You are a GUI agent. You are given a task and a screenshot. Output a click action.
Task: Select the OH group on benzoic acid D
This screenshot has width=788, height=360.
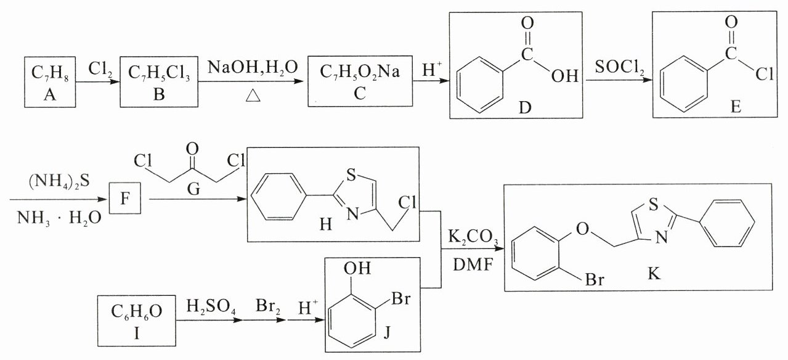point(566,77)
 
